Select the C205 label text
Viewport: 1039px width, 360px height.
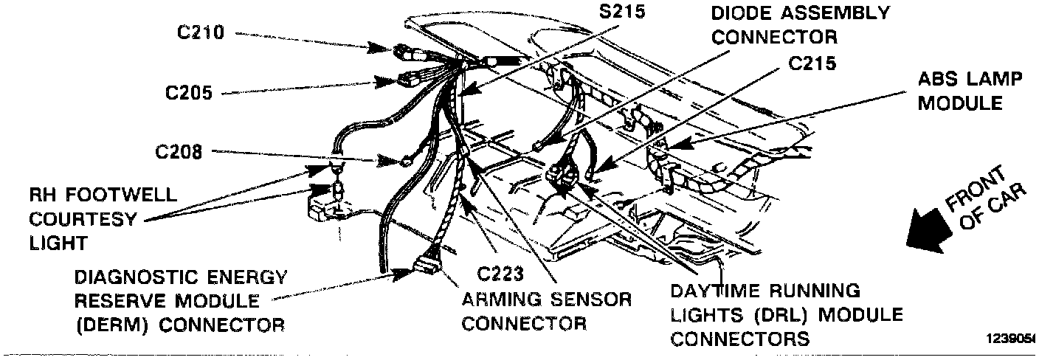tap(190, 94)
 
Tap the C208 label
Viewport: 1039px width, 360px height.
tap(179, 153)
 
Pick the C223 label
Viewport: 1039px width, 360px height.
tap(500, 274)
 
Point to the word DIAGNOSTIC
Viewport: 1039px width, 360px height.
tap(126, 278)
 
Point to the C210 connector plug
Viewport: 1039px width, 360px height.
tap(409, 53)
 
